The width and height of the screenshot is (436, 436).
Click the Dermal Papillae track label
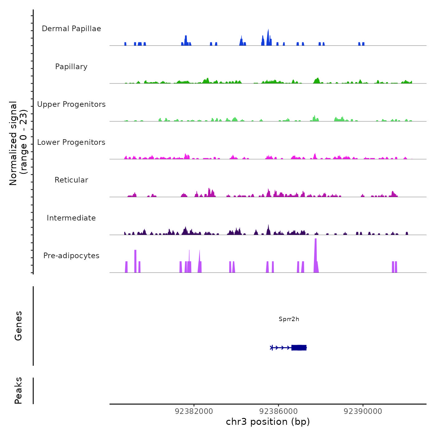point(71,29)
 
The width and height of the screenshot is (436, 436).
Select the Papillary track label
point(71,67)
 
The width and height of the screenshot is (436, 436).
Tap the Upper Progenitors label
point(71,104)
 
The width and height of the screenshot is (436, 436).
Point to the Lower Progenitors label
point(71,142)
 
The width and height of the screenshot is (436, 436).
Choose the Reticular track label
point(71,180)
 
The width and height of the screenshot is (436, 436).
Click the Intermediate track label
point(71,218)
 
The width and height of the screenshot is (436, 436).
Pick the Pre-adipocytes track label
point(71,256)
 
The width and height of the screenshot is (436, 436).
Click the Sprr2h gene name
point(289,319)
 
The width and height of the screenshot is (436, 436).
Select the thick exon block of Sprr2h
point(299,348)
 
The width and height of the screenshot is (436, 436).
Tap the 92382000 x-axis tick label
point(194,411)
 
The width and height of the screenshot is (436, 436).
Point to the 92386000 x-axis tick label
point(278,411)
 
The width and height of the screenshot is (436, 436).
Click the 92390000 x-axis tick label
point(363,411)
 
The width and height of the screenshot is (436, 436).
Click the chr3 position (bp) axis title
point(268,422)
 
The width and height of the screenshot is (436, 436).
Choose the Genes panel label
point(18,326)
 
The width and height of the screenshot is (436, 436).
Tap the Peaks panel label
point(18,391)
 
